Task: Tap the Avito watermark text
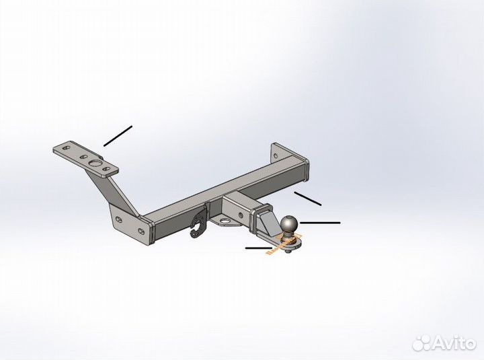tap(454, 343)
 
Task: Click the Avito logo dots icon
tap(421, 343)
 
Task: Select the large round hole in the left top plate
tap(95, 164)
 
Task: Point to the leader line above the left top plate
tap(118, 136)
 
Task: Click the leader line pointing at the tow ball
tap(320, 223)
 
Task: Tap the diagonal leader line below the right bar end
tap(308, 199)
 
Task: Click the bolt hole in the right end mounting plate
tap(276, 155)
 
